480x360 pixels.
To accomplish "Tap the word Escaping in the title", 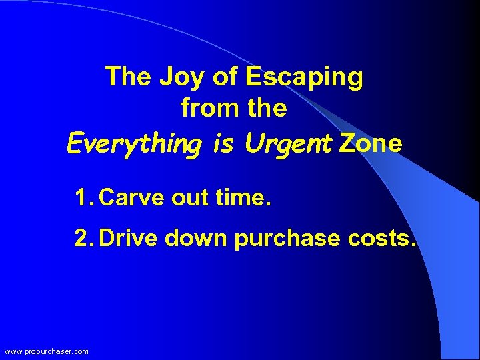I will (305, 78).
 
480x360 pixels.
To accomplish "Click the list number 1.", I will (81, 198).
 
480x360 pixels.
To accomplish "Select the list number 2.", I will (82, 238).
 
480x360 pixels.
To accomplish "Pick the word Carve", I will (132, 198).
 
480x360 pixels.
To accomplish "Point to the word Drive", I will (128, 238).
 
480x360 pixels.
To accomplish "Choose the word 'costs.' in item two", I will (383, 238).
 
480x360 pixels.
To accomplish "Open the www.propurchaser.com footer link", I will (46, 351).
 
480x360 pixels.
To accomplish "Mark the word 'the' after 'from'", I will (267, 108).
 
